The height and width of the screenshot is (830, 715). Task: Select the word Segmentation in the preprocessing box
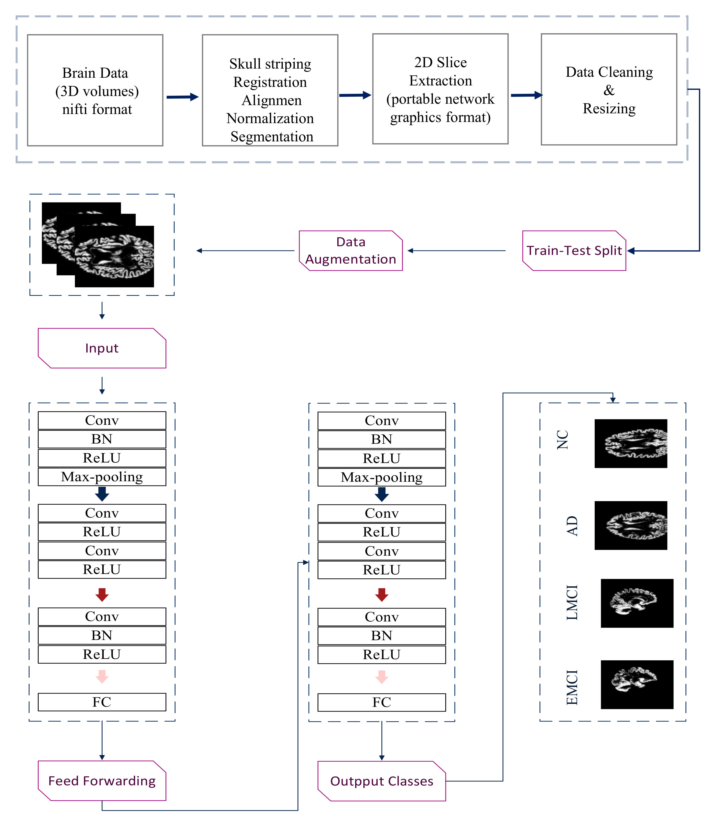coord(272,137)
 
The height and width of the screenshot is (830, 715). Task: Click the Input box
coord(102,348)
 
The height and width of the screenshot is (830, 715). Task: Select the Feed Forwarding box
coord(102,781)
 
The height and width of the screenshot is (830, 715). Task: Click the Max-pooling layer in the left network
coord(102,477)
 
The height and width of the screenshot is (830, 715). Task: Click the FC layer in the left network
coord(102,702)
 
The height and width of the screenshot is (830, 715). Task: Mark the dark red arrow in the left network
coord(102,595)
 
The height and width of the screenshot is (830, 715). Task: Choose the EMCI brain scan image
coord(637,685)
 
